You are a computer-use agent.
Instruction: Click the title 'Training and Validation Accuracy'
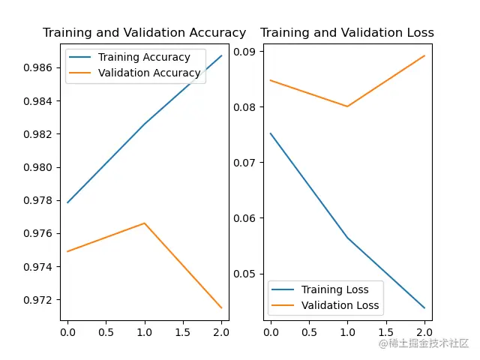pyautogui.click(x=144, y=33)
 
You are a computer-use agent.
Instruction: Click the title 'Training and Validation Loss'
pyautogui.click(x=346, y=33)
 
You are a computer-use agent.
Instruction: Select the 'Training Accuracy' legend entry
pyautogui.click(x=144, y=57)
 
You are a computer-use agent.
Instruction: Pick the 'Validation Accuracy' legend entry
pyautogui.click(x=149, y=73)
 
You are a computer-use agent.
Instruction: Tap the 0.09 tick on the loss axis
pyautogui.click(x=246, y=51)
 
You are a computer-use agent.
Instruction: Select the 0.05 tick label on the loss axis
pyautogui.click(x=246, y=274)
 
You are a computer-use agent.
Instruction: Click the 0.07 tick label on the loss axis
pyautogui.click(x=246, y=162)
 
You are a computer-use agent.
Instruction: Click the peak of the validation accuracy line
pyautogui.click(x=145, y=223)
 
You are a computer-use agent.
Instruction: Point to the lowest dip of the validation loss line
pyautogui.click(x=347, y=106)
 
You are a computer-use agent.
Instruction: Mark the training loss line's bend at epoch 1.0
pyautogui.click(x=347, y=238)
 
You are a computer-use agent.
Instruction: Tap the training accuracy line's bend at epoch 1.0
pyautogui.click(x=145, y=124)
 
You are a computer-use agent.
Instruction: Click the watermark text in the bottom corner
pyautogui.click(x=424, y=343)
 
